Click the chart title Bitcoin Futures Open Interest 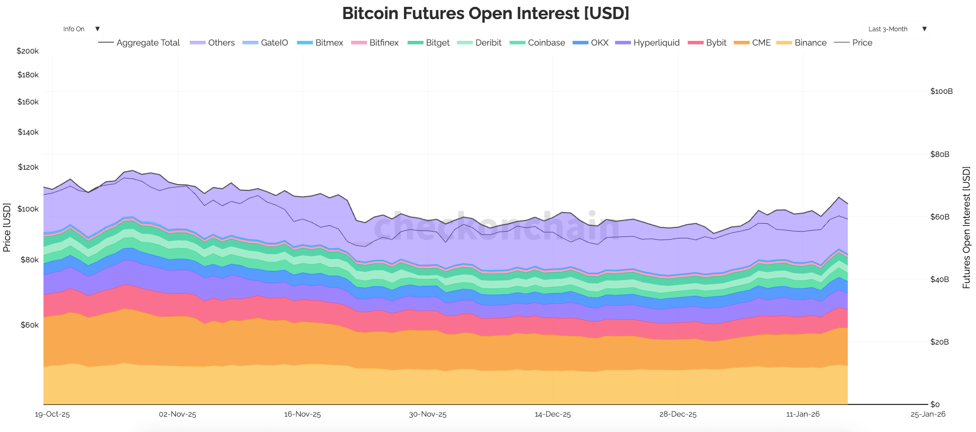(x=485, y=13)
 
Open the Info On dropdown (x=80, y=29)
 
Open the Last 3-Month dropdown (x=896, y=29)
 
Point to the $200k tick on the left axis (x=28, y=51)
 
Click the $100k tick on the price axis (x=28, y=209)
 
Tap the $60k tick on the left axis (x=29, y=325)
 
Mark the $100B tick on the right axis (x=941, y=91)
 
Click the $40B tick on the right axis (x=939, y=279)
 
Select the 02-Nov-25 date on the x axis (x=178, y=415)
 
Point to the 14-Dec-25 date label (x=552, y=415)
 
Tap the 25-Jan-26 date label (x=928, y=415)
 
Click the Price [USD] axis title (x=7, y=227)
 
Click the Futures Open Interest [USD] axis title (x=966, y=227)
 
